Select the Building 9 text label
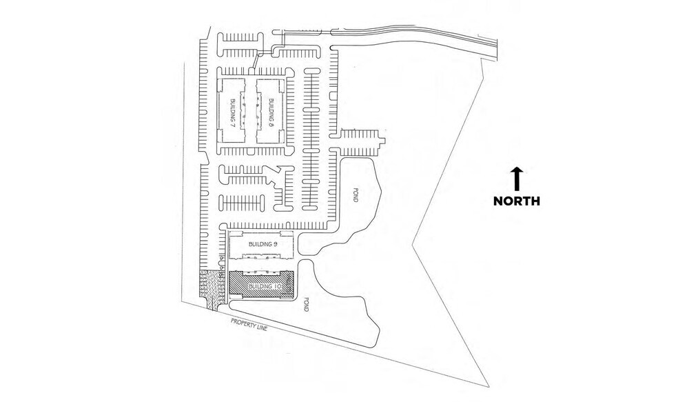click(x=263, y=244)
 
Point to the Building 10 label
click(x=265, y=286)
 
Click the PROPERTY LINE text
click(x=249, y=325)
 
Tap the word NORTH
click(x=516, y=201)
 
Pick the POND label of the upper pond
click(x=356, y=194)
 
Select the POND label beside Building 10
click(x=306, y=304)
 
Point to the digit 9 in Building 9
click(x=275, y=244)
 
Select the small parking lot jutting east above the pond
click(x=358, y=142)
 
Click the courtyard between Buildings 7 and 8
click(x=249, y=111)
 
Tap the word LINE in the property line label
click(x=261, y=328)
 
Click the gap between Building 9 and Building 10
click(x=260, y=265)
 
